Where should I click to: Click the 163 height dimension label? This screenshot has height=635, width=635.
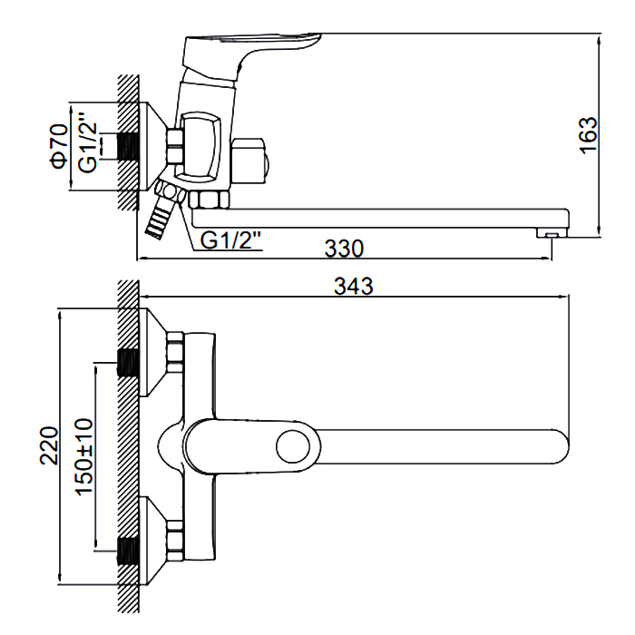coord(589,135)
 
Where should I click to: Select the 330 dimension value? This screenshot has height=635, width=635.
coord(345,248)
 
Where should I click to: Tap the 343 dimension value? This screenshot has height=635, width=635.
coord(353,286)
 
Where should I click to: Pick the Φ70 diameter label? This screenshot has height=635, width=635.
coord(59,146)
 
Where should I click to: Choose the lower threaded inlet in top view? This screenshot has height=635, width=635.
coord(129,549)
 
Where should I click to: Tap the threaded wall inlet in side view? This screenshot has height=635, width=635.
coord(130,146)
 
